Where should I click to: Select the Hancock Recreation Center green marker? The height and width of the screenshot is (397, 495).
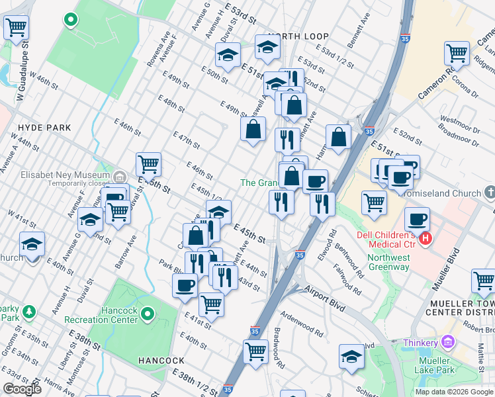pos(148,313)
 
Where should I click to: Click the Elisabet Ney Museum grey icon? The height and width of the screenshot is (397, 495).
pos(120,177)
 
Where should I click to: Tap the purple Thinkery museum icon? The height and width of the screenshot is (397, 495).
pos(448,342)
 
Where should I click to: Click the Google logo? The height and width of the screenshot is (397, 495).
pos(21,389)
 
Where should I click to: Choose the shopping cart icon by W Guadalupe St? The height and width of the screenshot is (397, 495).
pos(16,28)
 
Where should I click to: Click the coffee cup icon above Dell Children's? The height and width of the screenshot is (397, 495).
pos(417,218)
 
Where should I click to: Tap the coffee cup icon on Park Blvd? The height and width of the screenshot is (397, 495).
pos(185,285)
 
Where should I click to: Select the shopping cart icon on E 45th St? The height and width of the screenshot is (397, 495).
pos(148,163)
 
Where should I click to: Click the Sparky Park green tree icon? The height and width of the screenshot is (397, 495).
pos(28,310)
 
